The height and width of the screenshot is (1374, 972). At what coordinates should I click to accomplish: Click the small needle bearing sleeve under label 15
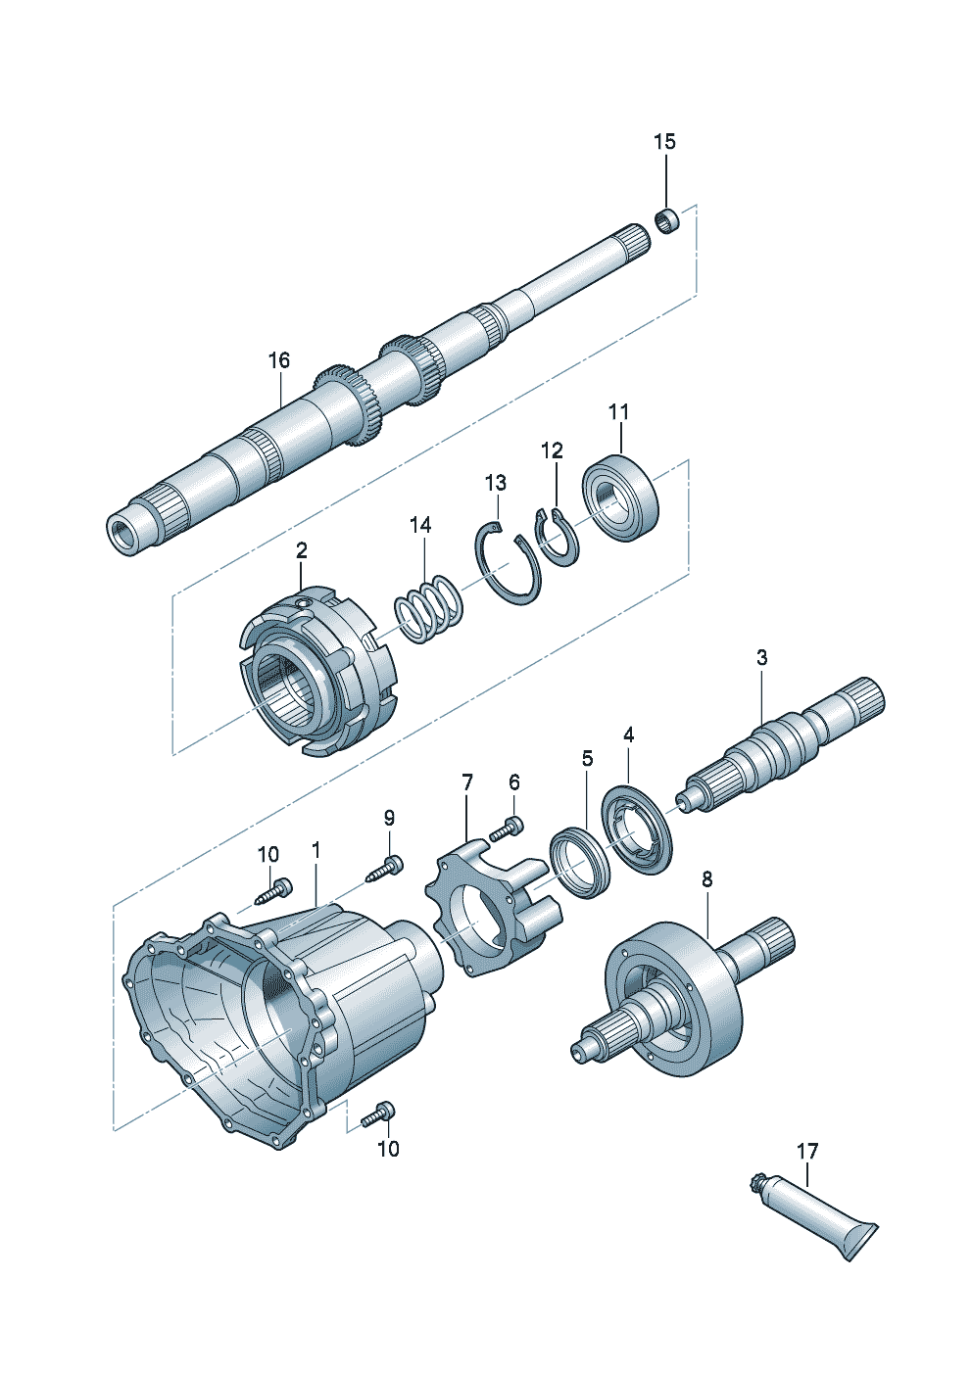coord(667,220)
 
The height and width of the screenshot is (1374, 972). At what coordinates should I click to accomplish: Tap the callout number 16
coord(279,360)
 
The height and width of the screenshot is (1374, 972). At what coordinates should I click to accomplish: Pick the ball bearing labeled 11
coord(621,495)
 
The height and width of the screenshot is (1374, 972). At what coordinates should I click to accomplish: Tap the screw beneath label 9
coord(385,868)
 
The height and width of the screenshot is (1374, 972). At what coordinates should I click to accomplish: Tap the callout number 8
coord(707,879)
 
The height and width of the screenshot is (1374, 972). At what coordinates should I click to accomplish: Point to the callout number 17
coord(806,1151)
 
